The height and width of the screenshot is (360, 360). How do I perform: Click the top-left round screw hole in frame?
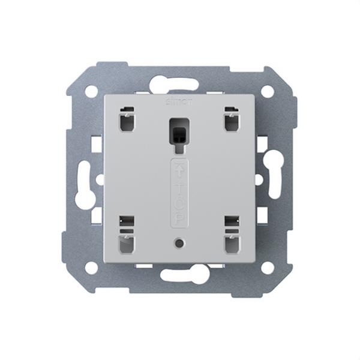click(x=91, y=91)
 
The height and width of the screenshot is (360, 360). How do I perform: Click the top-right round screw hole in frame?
click(x=268, y=91)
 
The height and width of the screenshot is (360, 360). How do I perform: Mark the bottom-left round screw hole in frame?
click(x=91, y=268)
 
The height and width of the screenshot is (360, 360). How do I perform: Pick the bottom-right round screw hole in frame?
click(x=268, y=268)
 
